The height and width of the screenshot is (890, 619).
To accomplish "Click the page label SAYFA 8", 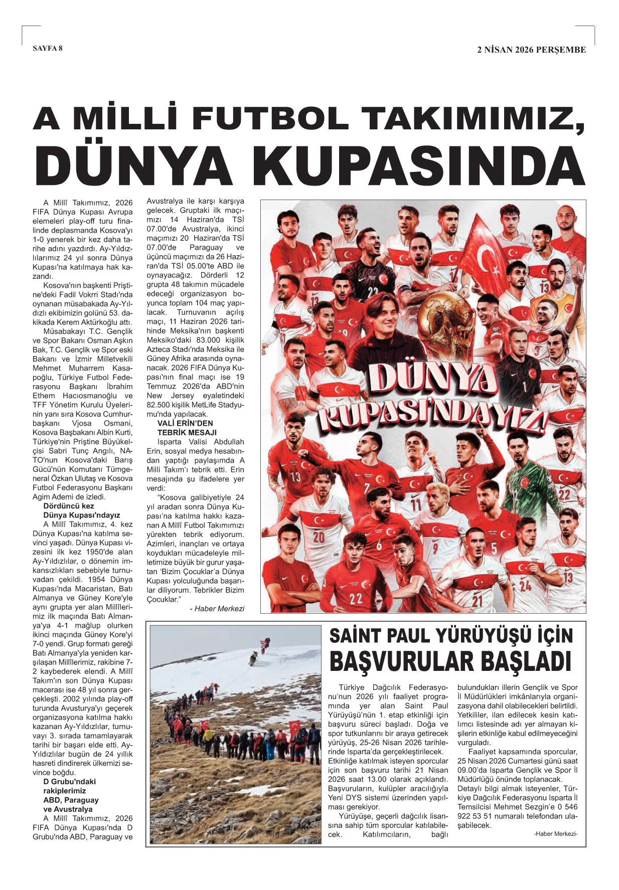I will pos(48,48).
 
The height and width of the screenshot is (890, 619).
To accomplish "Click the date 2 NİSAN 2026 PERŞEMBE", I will pos(531,50).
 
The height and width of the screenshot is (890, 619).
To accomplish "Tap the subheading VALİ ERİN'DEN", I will pos(185,423).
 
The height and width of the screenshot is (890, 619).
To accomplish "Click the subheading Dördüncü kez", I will pos(69,506).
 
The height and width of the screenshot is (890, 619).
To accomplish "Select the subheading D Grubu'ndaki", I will pos(69,781).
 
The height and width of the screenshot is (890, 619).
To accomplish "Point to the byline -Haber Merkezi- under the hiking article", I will pos(556,833).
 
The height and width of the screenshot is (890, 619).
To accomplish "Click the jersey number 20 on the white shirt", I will pos(319,537).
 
